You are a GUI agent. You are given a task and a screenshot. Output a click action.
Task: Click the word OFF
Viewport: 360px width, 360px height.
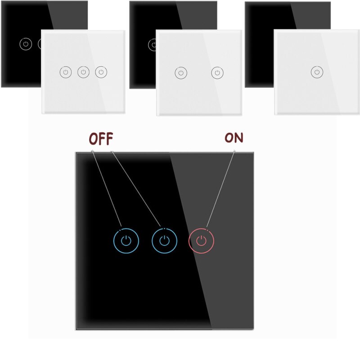[x=101, y=139]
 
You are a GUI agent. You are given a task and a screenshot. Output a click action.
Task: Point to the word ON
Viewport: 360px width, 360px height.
[x=234, y=138]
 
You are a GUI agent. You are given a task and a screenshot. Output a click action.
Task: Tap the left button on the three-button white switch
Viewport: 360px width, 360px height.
[x=66, y=72]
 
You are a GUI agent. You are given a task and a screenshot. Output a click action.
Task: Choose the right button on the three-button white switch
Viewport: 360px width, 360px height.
[x=101, y=72]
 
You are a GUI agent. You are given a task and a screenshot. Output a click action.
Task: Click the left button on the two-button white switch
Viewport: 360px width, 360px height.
[x=181, y=73]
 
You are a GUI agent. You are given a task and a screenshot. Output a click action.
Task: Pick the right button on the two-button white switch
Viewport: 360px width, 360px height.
[x=217, y=73]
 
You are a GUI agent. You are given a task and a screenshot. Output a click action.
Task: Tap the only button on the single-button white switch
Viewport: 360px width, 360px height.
[x=317, y=72]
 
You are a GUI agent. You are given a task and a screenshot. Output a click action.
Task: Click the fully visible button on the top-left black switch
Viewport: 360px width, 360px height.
[x=26, y=44]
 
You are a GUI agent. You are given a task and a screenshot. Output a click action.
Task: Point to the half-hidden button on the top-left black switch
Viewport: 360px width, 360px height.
[x=40, y=44]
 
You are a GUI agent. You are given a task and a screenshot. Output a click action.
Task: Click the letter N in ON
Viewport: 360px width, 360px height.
[x=239, y=138]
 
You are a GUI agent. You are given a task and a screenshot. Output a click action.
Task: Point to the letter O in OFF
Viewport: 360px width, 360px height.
[x=94, y=139]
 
